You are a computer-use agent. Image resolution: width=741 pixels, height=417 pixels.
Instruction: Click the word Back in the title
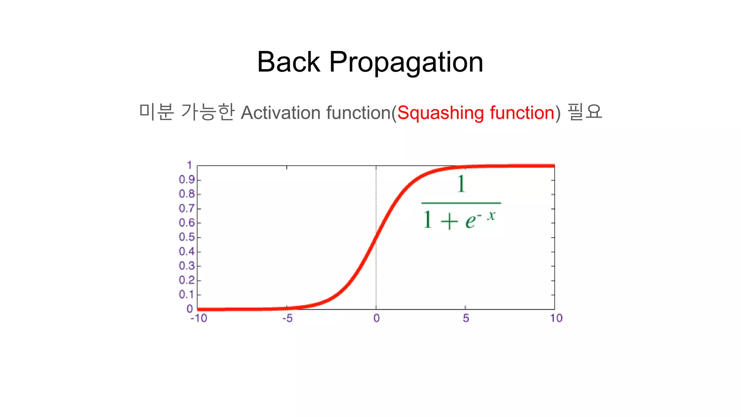point(288,62)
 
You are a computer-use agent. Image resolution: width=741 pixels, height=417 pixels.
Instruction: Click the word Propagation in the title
point(406,63)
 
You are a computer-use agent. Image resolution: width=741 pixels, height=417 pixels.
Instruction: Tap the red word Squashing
point(440,113)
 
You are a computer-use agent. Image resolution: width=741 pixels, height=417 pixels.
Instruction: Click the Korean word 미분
point(156,111)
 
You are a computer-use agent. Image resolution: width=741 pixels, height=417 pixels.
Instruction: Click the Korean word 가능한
point(207,111)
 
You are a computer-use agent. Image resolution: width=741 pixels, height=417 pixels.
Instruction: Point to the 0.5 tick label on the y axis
point(187,237)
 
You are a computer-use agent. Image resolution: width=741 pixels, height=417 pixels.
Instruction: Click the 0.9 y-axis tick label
point(187,180)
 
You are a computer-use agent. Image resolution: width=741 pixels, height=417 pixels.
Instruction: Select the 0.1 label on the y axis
point(187,294)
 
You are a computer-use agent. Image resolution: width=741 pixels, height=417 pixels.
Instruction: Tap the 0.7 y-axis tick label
point(187,208)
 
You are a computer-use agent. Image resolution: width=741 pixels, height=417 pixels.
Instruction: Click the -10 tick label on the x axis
point(199,318)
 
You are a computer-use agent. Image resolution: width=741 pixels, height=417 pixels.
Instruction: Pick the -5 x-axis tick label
point(287,318)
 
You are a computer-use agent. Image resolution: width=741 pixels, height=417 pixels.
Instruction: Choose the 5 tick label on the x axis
point(466,318)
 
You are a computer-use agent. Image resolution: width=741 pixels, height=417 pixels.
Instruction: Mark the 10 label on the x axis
point(556,318)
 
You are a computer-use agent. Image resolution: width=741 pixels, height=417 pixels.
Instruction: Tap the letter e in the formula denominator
point(470,221)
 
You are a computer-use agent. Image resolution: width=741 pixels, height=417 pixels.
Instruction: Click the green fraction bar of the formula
point(461,203)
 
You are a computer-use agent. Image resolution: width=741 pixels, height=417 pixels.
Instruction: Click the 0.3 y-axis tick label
point(187,266)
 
